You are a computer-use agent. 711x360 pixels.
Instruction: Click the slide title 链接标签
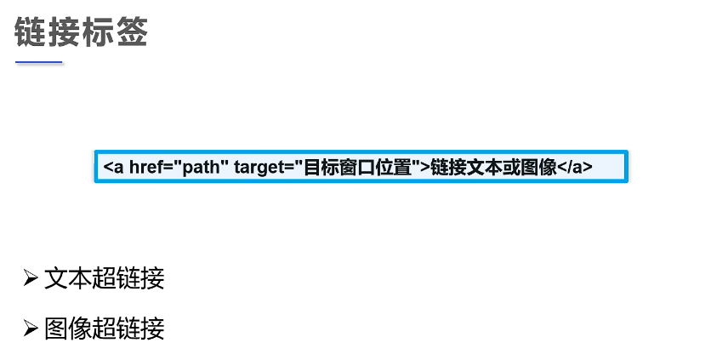pyautogui.click(x=82, y=33)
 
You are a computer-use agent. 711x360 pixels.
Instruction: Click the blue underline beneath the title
pyautogui.click(x=39, y=62)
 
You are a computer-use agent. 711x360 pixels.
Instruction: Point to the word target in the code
pyautogui.click(x=259, y=167)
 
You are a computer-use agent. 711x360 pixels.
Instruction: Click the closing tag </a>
pyautogui.click(x=575, y=167)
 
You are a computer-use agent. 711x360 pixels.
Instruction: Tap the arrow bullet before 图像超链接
pyautogui.click(x=31, y=328)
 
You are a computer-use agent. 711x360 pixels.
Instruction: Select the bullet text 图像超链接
pyautogui.click(x=104, y=328)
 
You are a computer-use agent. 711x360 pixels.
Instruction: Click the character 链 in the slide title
pyautogui.click(x=31, y=33)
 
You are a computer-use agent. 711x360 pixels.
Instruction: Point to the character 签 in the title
pyautogui.click(x=132, y=33)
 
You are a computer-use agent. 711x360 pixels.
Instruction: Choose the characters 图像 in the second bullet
pyautogui.click(x=68, y=328)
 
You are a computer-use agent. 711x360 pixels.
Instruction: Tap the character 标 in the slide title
pyautogui.click(x=98, y=33)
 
